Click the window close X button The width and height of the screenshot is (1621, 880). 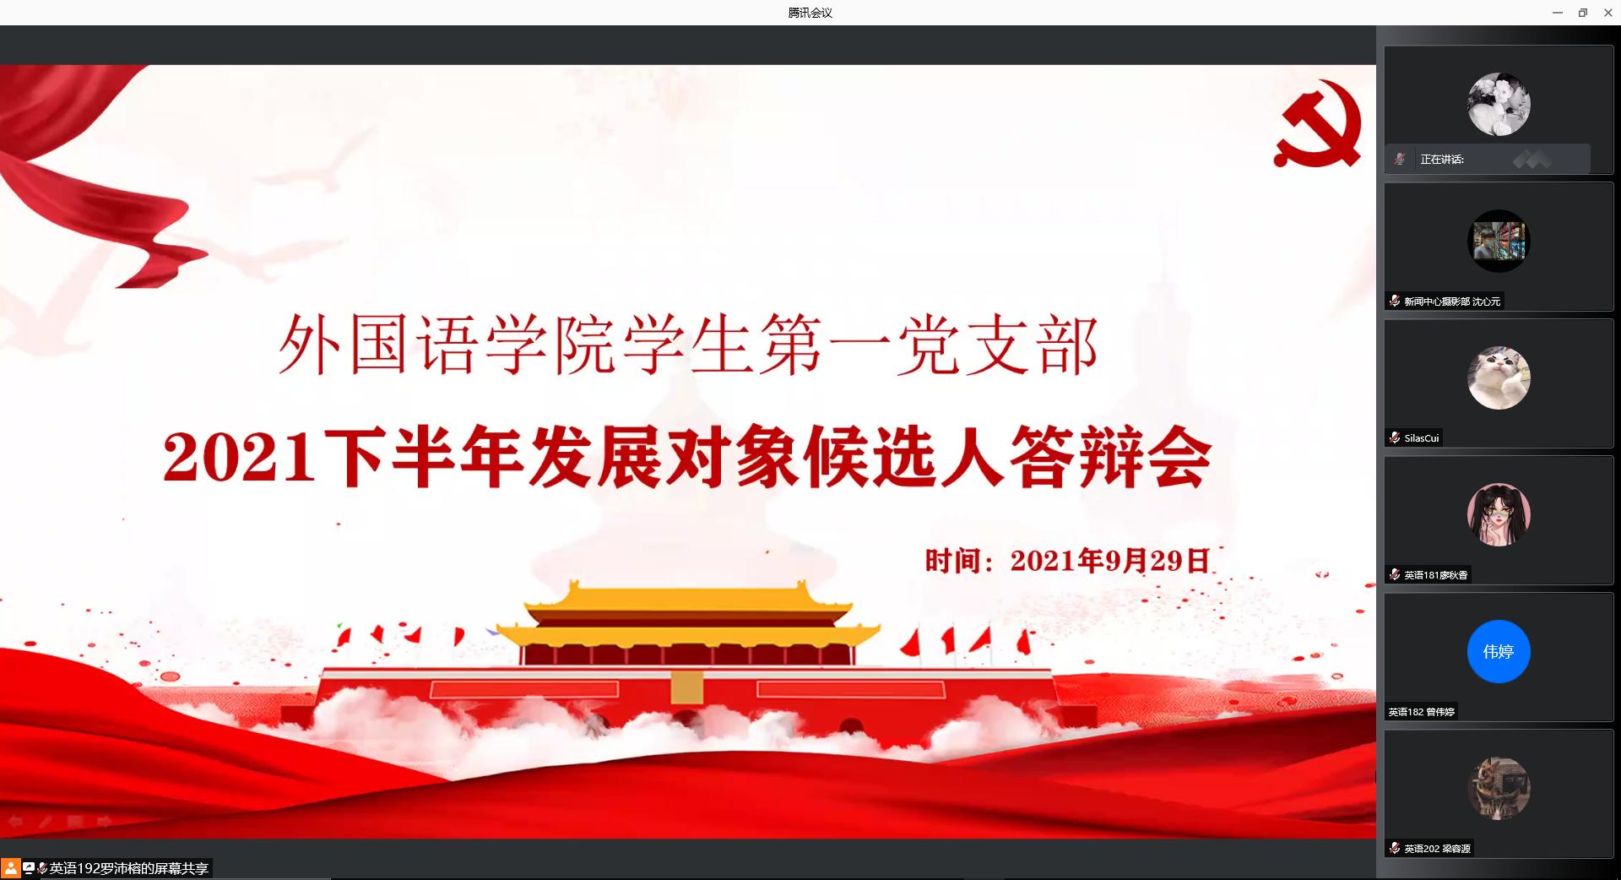click(x=1608, y=13)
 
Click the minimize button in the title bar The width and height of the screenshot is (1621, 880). click(x=1558, y=13)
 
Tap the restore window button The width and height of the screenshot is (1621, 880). click(x=1583, y=13)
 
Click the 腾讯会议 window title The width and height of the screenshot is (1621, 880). click(x=810, y=13)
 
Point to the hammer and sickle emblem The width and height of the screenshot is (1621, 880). click(x=1319, y=123)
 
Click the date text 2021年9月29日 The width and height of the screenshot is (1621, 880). click(x=1110, y=561)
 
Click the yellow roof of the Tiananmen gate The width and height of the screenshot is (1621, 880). click(x=687, y=608)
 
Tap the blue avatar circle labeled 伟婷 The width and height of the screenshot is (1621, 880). click(x=1499, y=651)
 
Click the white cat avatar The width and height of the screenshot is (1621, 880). click(x=1499, y=378)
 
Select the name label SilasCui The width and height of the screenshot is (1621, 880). click(x=1422, y=438)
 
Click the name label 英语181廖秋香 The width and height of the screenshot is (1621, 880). click(x=1436, y=575)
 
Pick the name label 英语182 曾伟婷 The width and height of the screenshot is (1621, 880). click(x=1422, y=712)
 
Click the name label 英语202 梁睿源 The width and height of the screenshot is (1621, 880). click(x=1438, y=849)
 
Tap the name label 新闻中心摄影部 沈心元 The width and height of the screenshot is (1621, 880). click(x=1452, y=301)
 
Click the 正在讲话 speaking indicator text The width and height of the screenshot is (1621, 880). click(x=1442, y=160)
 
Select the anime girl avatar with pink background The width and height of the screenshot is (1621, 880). click(x=1499, y=514)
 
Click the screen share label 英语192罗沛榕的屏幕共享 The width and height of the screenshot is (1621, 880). click(x=129, y=868)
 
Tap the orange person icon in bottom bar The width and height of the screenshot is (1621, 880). click(x=10, y=868)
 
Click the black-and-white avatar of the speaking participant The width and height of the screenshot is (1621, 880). click(x=1499, y=105)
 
